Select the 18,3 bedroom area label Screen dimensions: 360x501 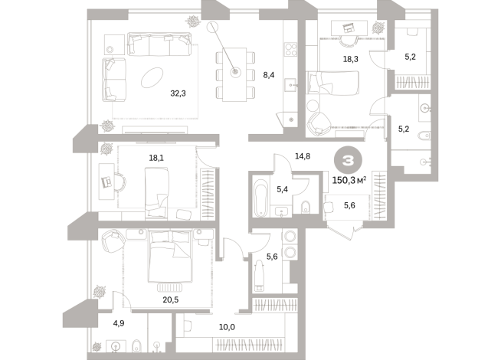pos(351,58)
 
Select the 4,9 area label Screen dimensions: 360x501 pos(119,323)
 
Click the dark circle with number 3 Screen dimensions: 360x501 pos(348,159)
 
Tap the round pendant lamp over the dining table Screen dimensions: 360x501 pos(235,74)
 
